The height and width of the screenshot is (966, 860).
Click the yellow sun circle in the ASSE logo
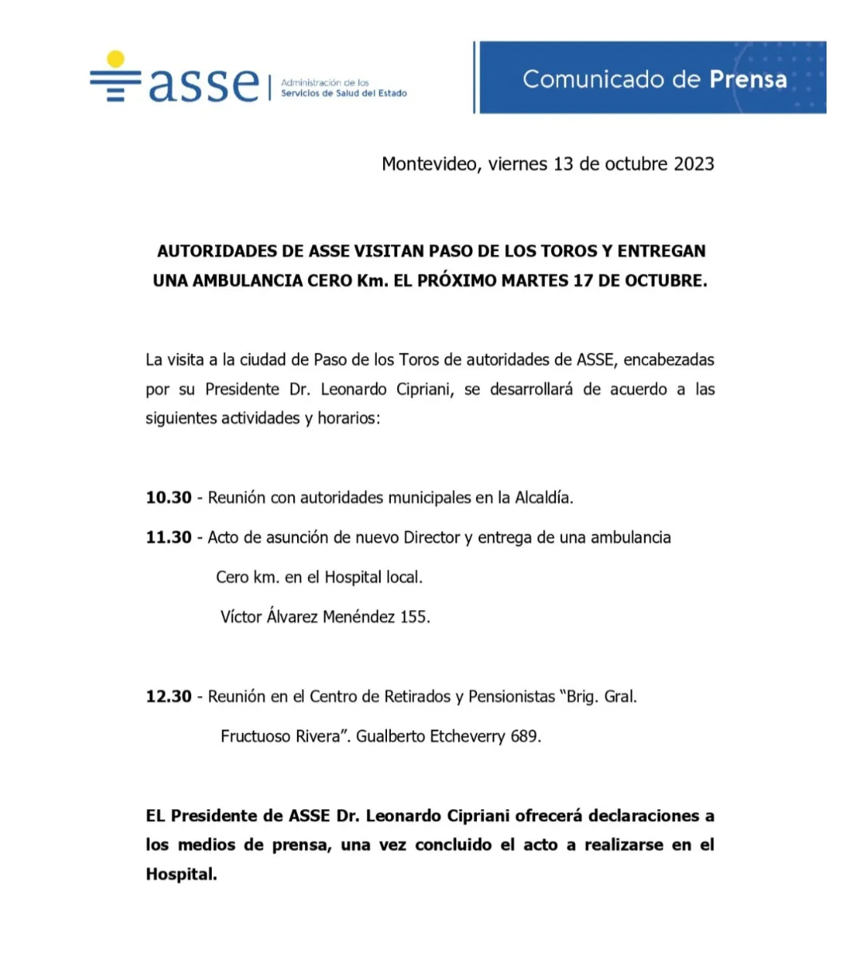[x=116, y=59]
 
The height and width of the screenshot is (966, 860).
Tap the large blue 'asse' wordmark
[x=204, y=84]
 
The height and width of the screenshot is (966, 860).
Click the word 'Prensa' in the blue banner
[x=748, y=79]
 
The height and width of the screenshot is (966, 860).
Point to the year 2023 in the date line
[x=694, y=164]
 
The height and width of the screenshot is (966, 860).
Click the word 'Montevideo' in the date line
[x=430, y=164]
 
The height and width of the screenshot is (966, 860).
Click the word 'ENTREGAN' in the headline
[x=661, y=251]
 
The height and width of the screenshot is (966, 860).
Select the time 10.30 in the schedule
[x=169, y=498]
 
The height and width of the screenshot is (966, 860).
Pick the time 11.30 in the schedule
[x=169, y=538]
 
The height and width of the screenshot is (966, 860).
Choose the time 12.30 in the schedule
[x=169, y=697]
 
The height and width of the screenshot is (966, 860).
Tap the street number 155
[x=414, y=617]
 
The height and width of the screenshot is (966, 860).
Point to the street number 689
[x=526, y=737]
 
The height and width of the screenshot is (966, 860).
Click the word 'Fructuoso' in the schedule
[x=255, y=737]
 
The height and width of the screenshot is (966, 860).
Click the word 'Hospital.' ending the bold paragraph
[x=182, y=874]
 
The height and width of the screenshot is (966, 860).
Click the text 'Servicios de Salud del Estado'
[x=344, y=93]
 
